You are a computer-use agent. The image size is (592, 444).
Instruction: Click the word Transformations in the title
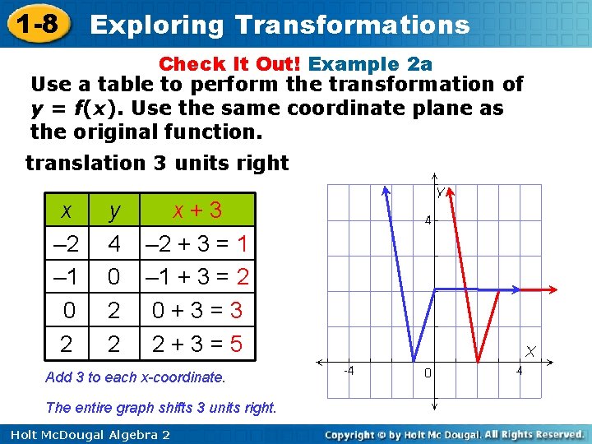[352, 25]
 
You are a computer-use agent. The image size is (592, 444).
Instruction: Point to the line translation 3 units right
[157, 163]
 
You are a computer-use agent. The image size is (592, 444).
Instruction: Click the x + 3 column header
[197, 210]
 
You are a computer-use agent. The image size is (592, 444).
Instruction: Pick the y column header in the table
[114, 210]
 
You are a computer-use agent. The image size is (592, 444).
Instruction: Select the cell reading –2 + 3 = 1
[197, 243]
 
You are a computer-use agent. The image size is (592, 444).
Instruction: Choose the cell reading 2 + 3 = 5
[197, 343]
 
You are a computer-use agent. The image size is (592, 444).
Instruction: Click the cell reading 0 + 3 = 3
[197, 310]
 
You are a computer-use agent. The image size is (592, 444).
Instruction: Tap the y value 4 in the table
[114, 243]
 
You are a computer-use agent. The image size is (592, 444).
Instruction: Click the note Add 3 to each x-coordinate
[136, 377]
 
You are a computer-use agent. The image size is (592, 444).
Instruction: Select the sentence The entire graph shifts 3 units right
[161, 407]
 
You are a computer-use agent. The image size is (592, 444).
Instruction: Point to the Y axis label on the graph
[441, 192]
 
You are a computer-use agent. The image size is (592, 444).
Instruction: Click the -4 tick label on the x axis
[348, 371]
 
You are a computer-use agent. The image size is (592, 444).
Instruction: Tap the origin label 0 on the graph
[428, 373]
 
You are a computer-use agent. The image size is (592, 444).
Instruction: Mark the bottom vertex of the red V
[479, 359]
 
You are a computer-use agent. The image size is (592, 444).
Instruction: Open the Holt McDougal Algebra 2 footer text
[86, 434]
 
